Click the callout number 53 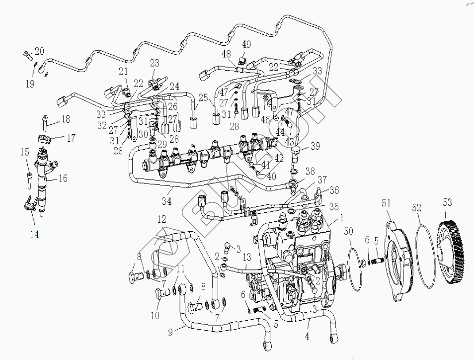pos(448,202)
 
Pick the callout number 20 pos(39,51)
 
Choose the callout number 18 pos(65,119)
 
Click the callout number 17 pos(71,138)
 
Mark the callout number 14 pos(34,233)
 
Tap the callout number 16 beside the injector pos(63,179)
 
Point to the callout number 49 pos(246,44)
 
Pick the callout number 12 pos(162,219)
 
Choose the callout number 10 pos(156,315)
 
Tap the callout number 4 pos(308,337)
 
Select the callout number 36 pos(334,189)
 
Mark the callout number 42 pos(279,159)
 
